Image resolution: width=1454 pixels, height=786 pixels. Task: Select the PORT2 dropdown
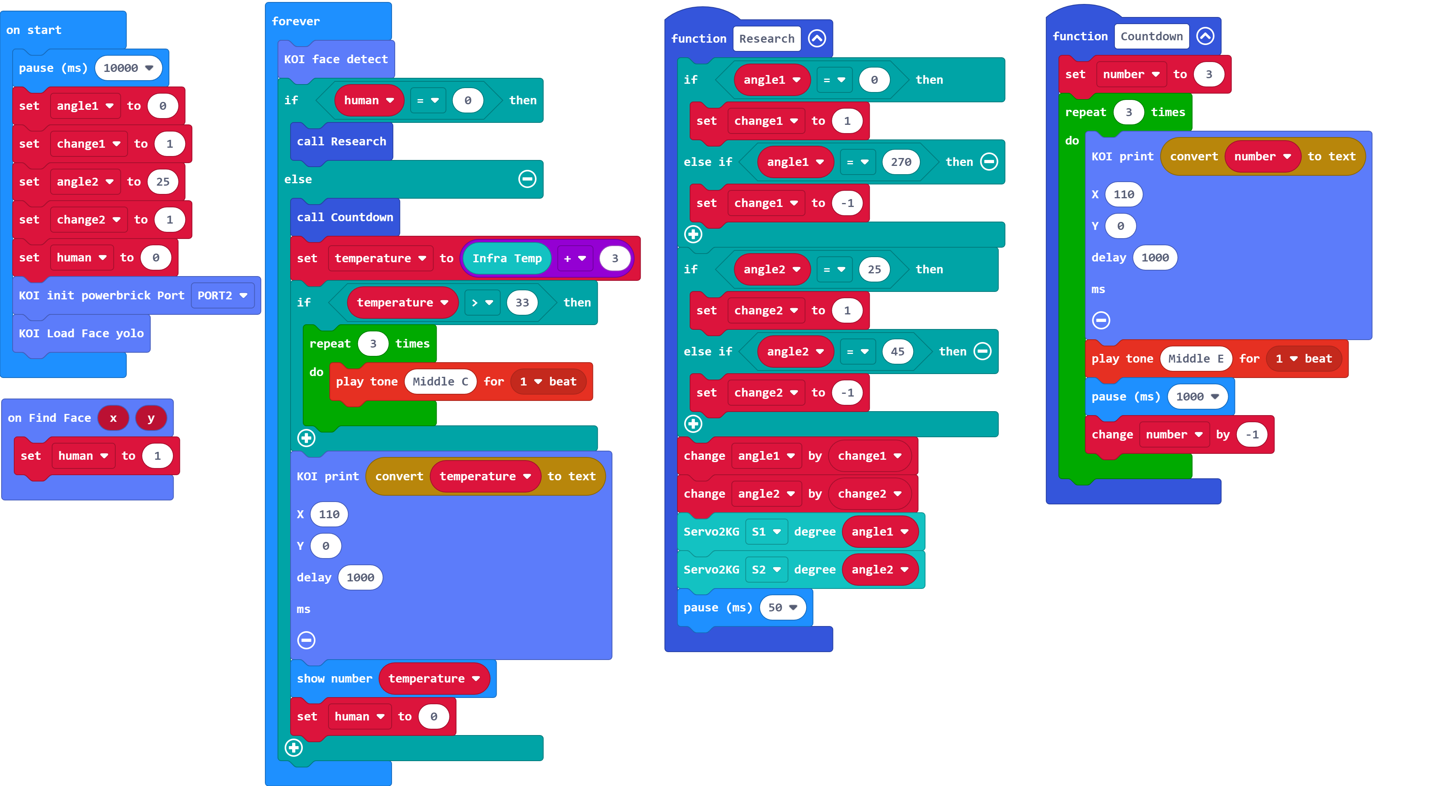tap(222, 295)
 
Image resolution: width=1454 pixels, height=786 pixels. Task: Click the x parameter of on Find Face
tap(113, 418)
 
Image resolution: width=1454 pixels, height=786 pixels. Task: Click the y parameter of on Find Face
tap(151, 418)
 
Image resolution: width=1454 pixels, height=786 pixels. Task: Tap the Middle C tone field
tap(440, 382)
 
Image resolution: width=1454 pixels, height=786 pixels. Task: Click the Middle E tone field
tap(1195, 359)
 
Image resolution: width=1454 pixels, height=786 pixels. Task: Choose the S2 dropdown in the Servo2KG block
tap(765, 570)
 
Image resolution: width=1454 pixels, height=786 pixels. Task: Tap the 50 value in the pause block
tap(782, 607)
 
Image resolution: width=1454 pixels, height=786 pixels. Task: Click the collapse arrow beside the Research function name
tap(817, 38)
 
